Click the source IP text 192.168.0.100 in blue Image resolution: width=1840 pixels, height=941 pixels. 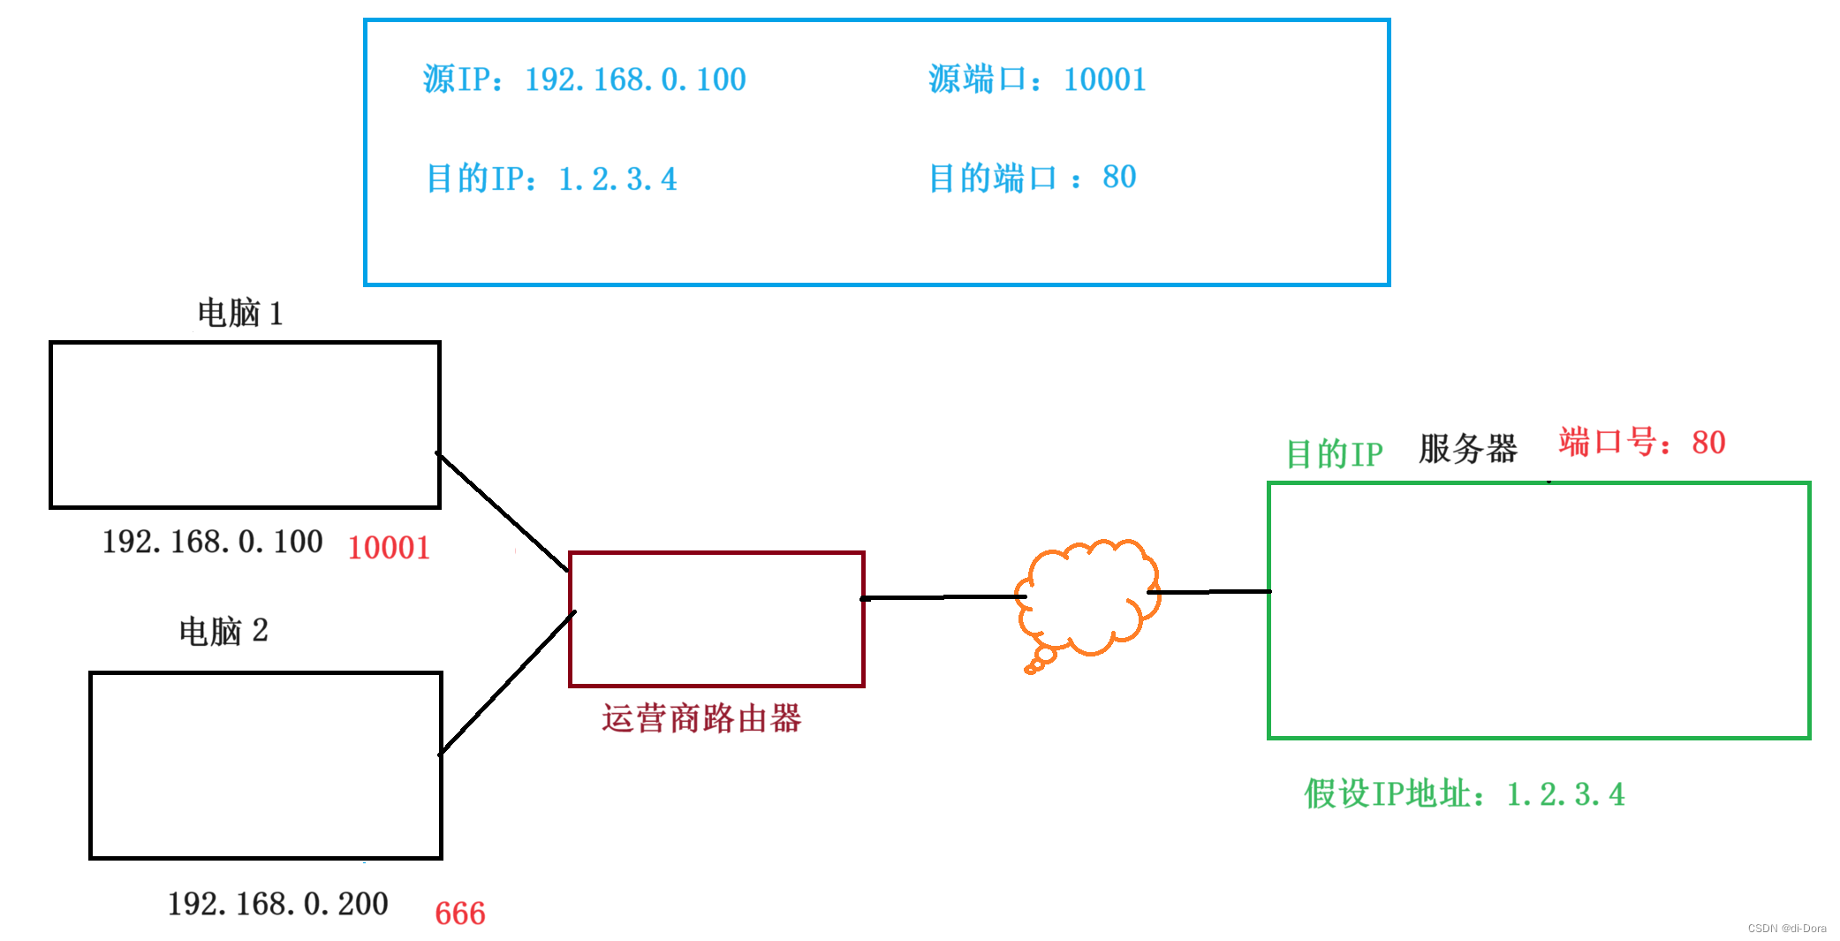click(635, 80)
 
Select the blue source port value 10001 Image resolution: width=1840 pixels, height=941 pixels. click(1104, 80)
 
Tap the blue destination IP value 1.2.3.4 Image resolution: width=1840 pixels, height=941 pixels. click(617, 179)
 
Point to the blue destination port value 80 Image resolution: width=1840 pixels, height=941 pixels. click(1119, 178)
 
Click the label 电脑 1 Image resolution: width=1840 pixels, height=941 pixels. click(239, 313)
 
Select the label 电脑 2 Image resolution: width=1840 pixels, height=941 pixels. click(223, 631)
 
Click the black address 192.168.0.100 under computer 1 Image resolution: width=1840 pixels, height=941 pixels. click(212, 542)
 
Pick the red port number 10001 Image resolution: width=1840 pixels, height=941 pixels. click(389, 548)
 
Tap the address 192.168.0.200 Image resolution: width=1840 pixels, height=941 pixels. click(277, 904)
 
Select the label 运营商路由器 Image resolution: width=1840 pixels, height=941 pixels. click(701, 718)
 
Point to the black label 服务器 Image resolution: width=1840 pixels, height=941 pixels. click(1467, 449)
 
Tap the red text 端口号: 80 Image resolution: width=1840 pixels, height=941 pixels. click(1641, 442)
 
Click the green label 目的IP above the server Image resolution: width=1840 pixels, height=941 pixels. click(1334, 454)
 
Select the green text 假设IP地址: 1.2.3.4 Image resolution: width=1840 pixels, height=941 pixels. click(1464, 794)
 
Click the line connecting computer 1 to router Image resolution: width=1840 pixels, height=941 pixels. click(503, 512)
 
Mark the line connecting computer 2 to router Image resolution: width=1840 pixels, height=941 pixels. click(506, 683)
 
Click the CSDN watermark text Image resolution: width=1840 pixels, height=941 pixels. click(1786, 928)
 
